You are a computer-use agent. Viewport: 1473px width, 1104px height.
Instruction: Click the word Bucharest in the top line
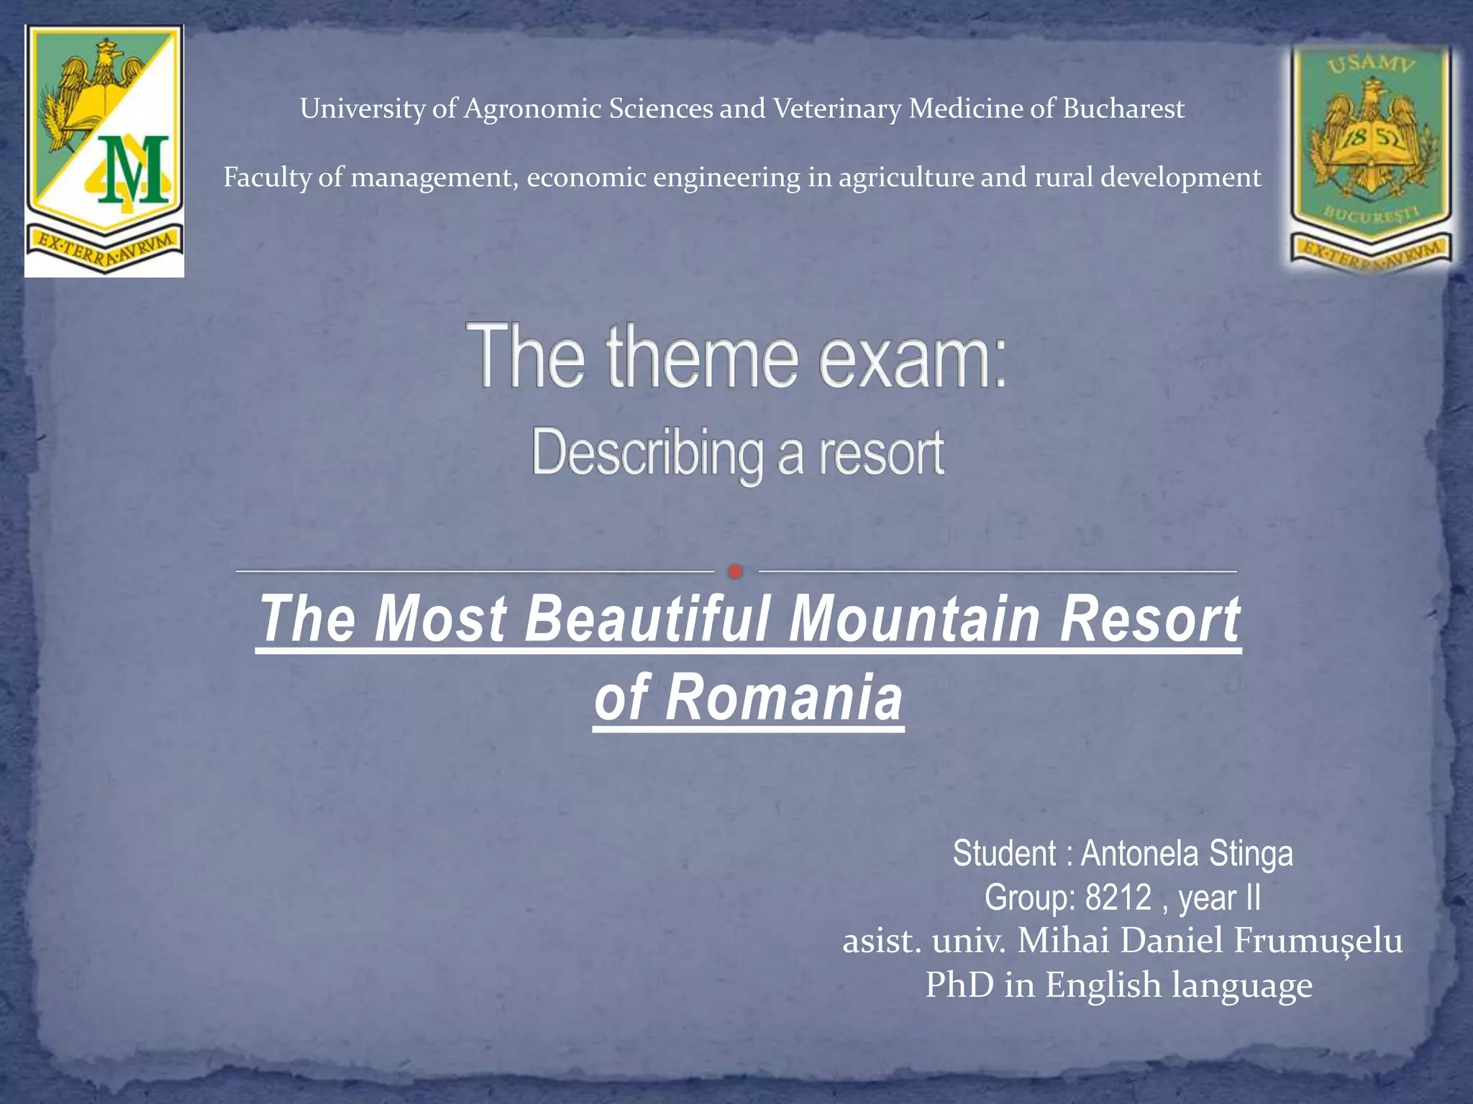(1123, 109)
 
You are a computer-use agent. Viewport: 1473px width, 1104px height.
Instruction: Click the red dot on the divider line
(735, 571)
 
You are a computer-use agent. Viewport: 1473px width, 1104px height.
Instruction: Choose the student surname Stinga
(1251, 854)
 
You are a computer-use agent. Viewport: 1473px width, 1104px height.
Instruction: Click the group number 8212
(1118, 897)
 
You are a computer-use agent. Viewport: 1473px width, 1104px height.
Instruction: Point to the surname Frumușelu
(1318, 941)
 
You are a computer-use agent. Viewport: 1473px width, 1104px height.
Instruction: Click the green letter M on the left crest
(134, 170)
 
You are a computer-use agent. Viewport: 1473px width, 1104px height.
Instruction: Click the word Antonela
(1139, 854)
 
